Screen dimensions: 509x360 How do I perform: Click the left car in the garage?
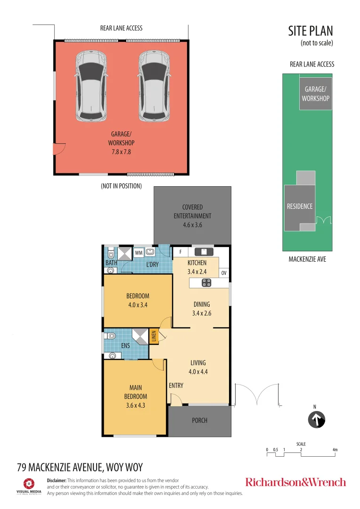point(91,86)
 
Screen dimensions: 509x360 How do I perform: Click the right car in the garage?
point(154,86)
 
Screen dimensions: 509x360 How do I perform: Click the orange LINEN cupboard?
point(153,337)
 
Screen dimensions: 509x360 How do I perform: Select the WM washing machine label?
point(139,253)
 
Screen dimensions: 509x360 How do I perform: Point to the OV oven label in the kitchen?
point(224,273)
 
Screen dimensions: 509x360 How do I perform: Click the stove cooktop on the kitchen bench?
point(206,283)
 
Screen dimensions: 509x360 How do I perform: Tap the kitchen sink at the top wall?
point(204,252)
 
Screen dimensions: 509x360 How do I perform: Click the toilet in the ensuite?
point(110,336)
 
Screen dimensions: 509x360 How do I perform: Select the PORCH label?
point(199,420)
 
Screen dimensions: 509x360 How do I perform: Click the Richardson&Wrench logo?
point(295,482)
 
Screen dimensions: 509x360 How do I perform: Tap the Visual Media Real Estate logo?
point(29,486)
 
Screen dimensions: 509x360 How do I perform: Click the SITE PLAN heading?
point(311,31)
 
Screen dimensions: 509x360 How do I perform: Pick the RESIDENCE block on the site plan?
point(300,206)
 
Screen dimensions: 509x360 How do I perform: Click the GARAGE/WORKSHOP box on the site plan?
point(315,94)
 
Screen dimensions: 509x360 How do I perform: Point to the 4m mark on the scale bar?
point(335,450)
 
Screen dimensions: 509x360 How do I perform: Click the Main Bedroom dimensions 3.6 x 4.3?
point(135,405)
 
